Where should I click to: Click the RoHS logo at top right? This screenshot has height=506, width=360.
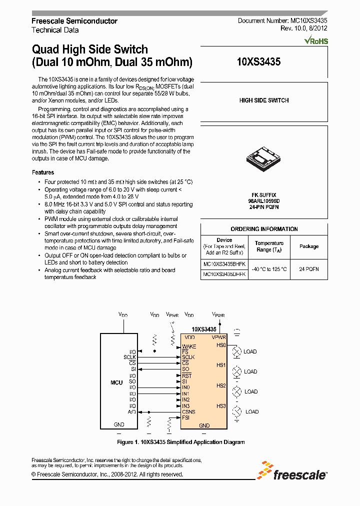click(x=316, y=40)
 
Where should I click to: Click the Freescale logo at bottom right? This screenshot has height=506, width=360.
click(x=292, y=471)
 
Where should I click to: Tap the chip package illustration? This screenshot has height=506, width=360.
click(x=263, y=160)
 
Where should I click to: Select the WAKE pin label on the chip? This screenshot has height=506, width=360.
click(x=189, y=346)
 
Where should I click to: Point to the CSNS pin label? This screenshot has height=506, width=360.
click(x=188, y=411)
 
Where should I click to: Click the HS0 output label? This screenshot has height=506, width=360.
click(x=221, y=345)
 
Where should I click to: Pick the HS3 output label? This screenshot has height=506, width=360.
click(x=221, y=405)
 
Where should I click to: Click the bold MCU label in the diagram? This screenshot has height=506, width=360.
click(x=116, y=382)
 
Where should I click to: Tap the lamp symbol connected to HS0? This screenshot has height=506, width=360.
click(x=238, y=351)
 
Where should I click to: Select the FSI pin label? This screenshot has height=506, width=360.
click(x=186, y=417)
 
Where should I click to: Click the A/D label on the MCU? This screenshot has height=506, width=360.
click(x=132, y=411)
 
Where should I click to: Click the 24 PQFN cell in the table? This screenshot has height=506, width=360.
click(x=309, y=269)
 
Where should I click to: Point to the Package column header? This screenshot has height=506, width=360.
click(x=309, y=246)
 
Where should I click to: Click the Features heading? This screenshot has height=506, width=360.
click(x=42, y=172)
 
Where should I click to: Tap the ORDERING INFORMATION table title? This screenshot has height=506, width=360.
click(x=264, y=229)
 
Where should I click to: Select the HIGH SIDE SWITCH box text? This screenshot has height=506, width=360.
click(x=264, y=100)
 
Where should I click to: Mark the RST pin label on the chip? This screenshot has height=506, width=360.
click(x=187, y=375)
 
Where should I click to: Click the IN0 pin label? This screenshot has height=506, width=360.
click(x=186, y=387)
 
